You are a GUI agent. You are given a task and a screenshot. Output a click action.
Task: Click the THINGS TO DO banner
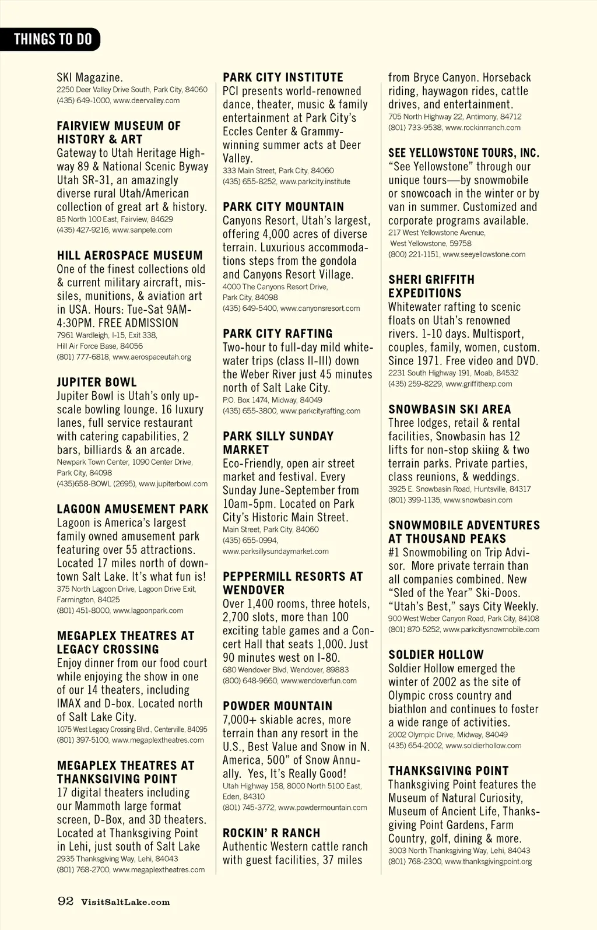coord(52,39)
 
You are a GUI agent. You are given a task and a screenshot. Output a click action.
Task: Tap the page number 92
coord(65,901)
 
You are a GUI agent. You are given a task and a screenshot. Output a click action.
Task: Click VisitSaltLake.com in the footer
coord(125,902)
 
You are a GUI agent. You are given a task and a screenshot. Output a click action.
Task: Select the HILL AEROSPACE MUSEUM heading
coord(129,255)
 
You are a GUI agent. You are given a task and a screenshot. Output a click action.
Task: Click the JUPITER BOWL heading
coord(97,382)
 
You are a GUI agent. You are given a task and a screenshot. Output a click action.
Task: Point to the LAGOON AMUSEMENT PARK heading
coord(132,509)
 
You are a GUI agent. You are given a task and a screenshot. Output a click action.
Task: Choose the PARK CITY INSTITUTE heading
coord(283,78)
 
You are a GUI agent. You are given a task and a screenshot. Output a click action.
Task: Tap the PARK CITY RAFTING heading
coord(278,334)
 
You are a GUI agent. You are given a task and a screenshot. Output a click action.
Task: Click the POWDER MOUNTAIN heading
coord(278,706)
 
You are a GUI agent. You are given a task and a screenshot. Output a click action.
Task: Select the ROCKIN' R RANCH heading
coord(271,833)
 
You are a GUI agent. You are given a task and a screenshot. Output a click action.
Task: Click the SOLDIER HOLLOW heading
coord(436,655)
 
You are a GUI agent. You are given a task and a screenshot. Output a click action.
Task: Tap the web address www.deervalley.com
coord(146,100)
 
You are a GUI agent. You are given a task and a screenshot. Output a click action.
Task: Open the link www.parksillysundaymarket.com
coord(276,551)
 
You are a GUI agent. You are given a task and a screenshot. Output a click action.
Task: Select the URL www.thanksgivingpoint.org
coord(488,861)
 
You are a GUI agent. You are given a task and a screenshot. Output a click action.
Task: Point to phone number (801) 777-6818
coord(83,357)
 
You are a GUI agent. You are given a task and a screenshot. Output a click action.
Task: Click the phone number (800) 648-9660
coord(249,680)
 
